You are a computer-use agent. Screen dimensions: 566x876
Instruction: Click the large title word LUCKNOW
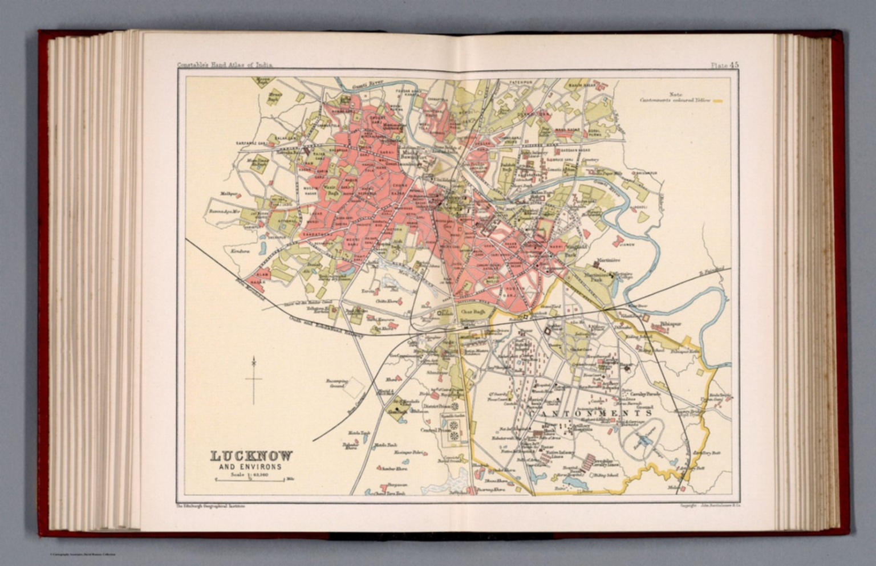coord(252,456)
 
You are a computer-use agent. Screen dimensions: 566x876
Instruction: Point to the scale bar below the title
coord(249,480)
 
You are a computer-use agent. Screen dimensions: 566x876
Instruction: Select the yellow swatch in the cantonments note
coord(719,101)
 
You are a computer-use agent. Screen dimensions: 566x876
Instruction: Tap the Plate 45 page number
coord(724,65)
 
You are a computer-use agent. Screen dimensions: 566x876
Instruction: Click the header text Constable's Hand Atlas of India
coord(225,65)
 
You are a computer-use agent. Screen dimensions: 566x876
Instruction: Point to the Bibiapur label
coord(671,324)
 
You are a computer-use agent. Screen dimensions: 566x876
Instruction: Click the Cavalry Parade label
coord(646,393)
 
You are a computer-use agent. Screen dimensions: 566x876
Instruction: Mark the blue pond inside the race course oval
coord(644,441)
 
